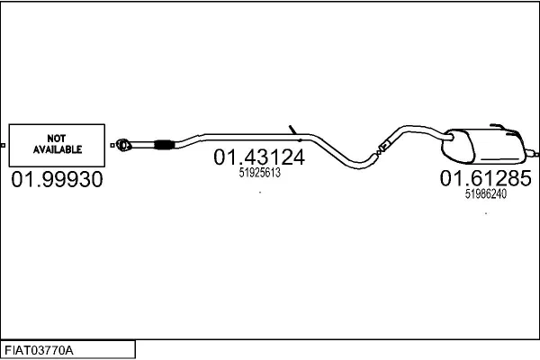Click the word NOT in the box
pyautogui.click(x=57, y=139)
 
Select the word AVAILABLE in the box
pyautogui.click(x=58, y=149)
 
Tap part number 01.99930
pyautogui.click(x=58, y=179)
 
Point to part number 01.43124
pyautogui.click(x=259, y=157)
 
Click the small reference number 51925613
pyautogui.click(x=260, y=173)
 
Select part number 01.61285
pyautogui.click(x=486, y=178)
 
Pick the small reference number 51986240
pyautogui.click(x=486, y=194)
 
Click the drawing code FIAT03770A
pyautogui.click(x=39, y=351)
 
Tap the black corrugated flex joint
pyautogui.click(x=163, y=145)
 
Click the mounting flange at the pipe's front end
pyautogui.click(x=123, y=145)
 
